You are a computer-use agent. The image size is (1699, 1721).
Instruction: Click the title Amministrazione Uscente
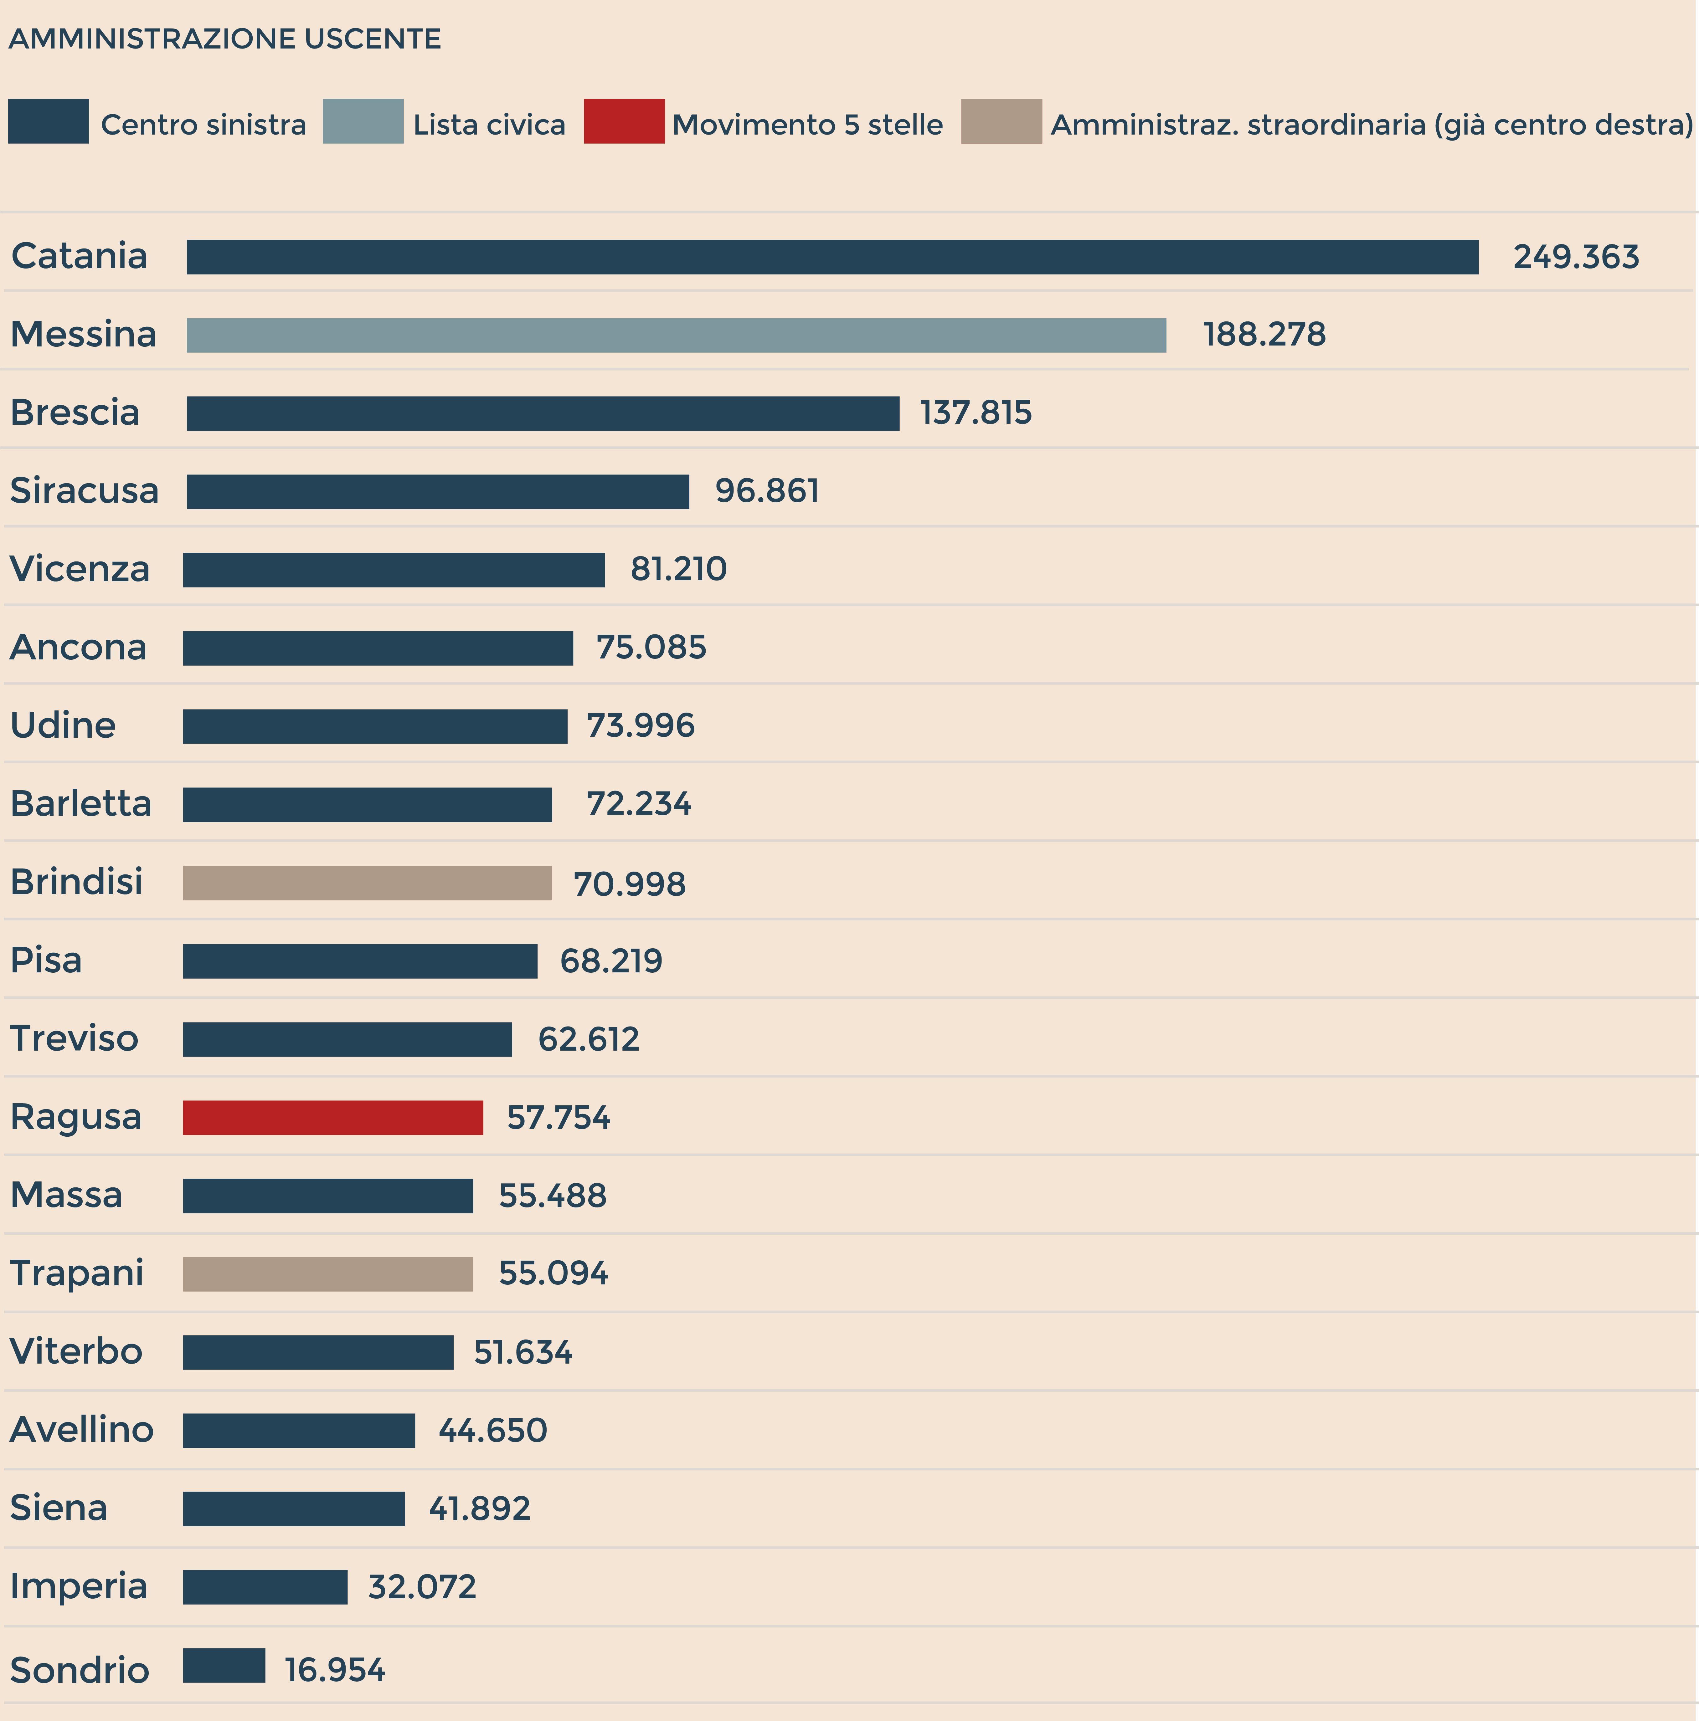[224, 39]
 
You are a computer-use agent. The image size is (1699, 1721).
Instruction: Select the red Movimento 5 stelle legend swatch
[624, 121]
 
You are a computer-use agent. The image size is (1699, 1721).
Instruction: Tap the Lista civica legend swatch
[363, 121]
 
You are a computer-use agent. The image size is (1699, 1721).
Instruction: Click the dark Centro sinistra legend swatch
[48, 121]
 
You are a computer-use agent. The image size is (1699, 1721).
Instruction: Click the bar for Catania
[832, 257]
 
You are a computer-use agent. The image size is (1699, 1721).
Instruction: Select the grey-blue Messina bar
[676, 335]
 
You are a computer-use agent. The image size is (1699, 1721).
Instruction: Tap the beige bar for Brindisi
[367, 883]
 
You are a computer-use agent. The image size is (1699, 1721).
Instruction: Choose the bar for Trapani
[328, 1274]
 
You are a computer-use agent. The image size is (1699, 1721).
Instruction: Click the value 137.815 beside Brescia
[976, 413]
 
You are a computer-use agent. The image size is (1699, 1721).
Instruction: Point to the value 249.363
[1575, 258]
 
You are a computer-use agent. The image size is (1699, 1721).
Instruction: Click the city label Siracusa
[85, 491]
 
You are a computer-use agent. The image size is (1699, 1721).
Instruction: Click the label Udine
[63, 726]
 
